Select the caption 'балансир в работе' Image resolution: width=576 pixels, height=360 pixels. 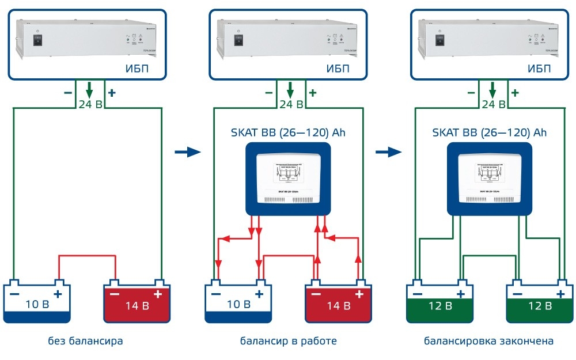tap(288, 341)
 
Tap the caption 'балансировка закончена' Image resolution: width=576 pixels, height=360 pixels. tap(488, 341)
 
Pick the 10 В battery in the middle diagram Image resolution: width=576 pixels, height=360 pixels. tap(238, 302)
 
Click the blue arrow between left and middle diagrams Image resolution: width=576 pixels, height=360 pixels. tap(187, 152)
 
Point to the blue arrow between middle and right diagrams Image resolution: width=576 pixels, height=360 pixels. tap(389, 152)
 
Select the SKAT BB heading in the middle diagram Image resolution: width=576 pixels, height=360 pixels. tap(288, 132)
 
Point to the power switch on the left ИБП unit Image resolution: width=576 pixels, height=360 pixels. tap(37, 40)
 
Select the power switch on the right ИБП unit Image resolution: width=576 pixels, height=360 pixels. tap(441, 40)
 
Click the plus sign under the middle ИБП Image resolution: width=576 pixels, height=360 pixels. tap(313, 92)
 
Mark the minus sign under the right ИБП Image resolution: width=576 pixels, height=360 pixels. tap(471, 92)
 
